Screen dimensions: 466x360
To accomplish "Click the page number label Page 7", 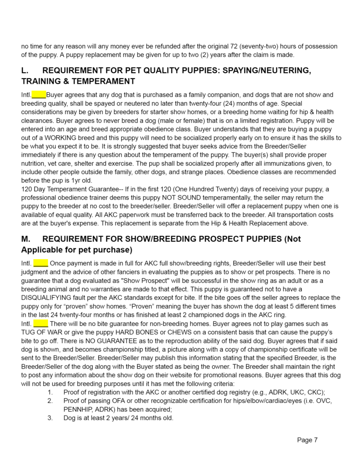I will pyautogui.click(x=307, y=440).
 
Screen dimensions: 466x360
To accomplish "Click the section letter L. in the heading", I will pyautogui.click(x=25, y=71).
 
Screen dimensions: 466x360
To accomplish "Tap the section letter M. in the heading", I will pyautogui.click(x=26, y=239).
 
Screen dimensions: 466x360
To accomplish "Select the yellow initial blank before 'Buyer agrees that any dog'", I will pyautogui.click(x=39, y=95).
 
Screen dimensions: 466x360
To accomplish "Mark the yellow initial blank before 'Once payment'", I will pyautogui.click(x=41, y=263).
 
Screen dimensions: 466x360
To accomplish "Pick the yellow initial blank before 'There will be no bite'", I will pyautogui.click(x=41, y=324).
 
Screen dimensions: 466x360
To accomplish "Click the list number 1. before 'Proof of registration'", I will pyautogui.click(x=50, y=392).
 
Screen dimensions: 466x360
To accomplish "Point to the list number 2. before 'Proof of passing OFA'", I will pyautogui.click(x=50, y=401).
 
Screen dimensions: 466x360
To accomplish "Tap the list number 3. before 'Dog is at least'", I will pyautogui.click(x=50, y=418).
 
